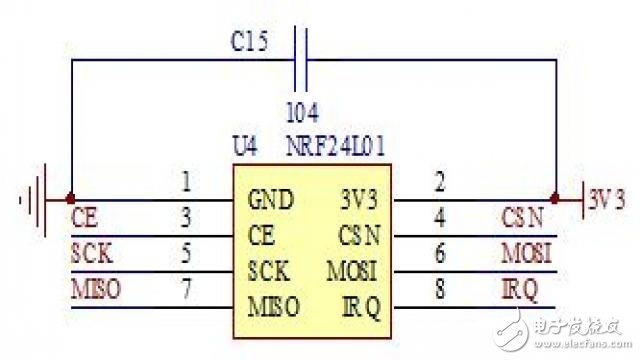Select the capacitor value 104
tap(303, 111)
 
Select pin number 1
tap(186, 183)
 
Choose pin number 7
tap(186, 289)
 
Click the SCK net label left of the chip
tap(93, 253)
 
